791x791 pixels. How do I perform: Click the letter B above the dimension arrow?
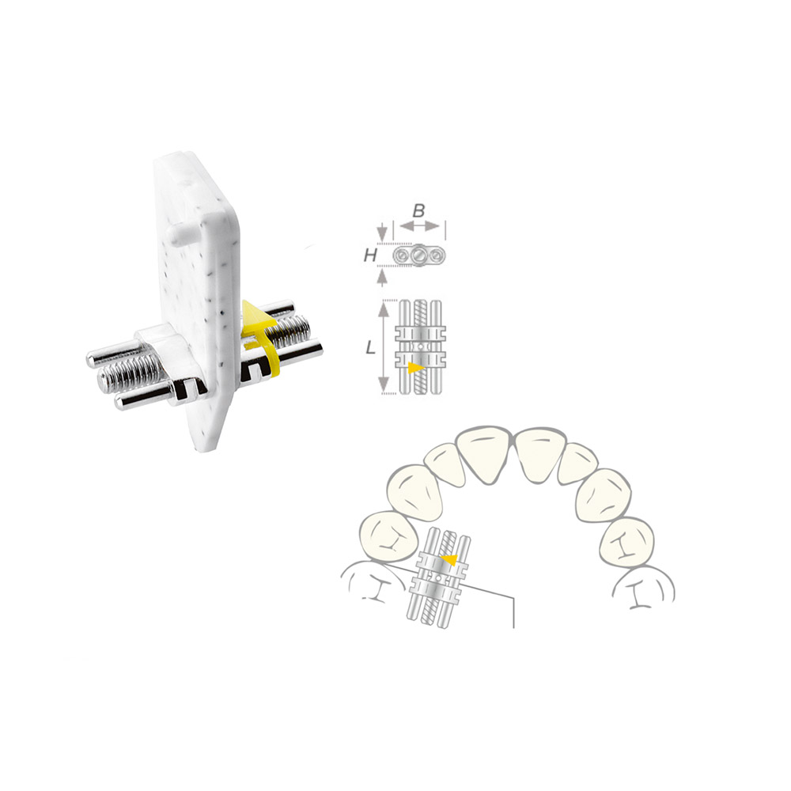(418, 211)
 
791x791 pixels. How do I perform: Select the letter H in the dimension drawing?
(371, 255)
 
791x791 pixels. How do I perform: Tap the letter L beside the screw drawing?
(371, 347)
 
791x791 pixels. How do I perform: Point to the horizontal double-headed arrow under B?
(419, 226)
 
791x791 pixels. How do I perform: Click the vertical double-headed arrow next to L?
(384, 346)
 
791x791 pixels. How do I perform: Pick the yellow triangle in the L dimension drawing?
(415, 367)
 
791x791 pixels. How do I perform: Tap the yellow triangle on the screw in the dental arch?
(448, 559)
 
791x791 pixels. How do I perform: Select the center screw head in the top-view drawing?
(419, 255)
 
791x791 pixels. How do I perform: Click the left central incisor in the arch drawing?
(485, 453)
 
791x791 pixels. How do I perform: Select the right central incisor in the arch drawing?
(540, 455)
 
